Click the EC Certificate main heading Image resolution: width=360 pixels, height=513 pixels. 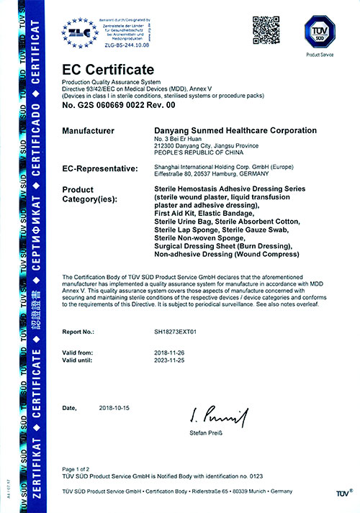(x=108, y=70)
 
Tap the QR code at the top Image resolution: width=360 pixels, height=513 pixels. (x=264, y=28)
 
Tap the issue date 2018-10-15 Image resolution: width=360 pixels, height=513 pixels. (x=115, y=408)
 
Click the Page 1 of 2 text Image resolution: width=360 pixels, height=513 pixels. (x=80, y=468)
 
